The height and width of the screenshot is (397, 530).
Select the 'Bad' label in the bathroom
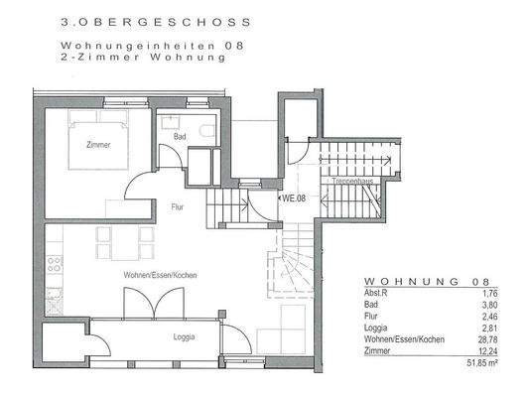(x=180, y=136)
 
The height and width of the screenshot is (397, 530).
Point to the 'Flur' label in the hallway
(x=178, y=207)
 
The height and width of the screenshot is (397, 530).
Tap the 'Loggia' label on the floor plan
(x=182, y=336)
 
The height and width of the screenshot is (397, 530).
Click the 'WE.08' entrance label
(x=294, y=198)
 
